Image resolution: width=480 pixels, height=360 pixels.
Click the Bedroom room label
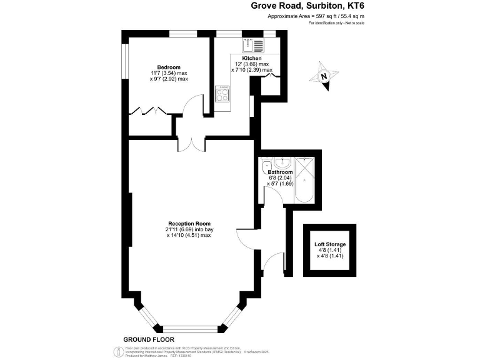169,67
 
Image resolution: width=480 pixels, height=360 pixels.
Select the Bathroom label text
280,172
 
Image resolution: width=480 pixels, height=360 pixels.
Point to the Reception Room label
189,224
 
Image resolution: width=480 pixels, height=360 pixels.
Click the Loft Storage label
331,244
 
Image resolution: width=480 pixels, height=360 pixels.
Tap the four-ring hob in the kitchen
222,94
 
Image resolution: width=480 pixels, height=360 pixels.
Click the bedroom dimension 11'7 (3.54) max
169,74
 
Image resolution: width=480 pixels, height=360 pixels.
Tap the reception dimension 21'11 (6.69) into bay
189,229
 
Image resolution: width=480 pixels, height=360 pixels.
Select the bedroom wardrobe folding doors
147,111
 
